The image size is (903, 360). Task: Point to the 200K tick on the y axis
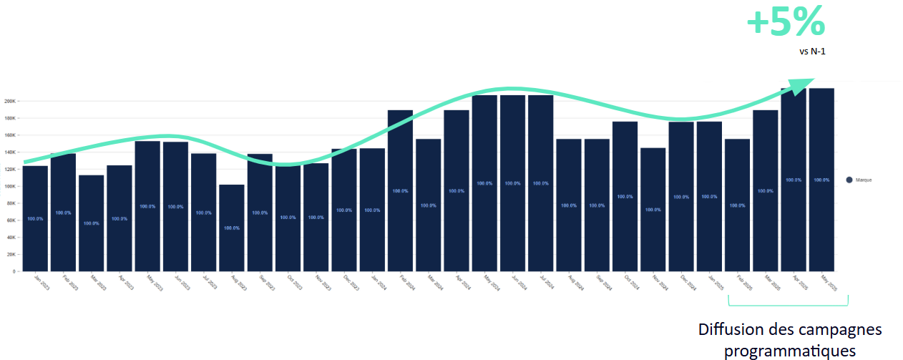point(10,101)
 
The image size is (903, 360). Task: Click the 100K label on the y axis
point(10,186)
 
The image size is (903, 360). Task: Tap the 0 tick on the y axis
point(13,271)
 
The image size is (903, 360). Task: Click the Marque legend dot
point(849,180)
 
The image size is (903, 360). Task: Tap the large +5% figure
point(786,23)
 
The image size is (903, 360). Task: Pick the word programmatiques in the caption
point(790,351)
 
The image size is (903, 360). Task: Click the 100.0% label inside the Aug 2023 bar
point(231,228)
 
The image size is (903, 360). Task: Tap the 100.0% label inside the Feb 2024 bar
point(400,190)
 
